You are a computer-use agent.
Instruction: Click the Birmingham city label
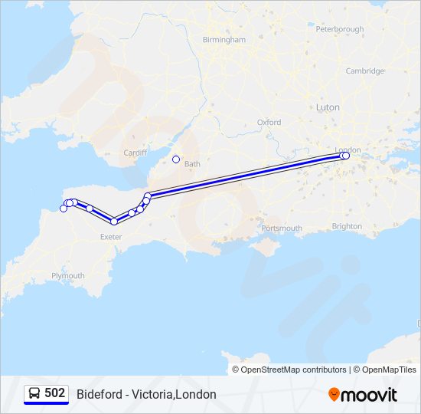tap(224, 39)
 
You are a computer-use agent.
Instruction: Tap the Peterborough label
tap(339, 29)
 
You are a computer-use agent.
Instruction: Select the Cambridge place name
tap(364, 71)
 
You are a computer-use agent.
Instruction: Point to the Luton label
tap(328, 107)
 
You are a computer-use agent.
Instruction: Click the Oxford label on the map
tap(269, 122)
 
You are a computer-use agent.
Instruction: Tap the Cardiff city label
tap(135, 153)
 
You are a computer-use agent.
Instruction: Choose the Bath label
tap(192, 164)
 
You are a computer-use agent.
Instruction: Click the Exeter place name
tap(111, 237)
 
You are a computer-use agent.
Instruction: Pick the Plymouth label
tap(68, 276)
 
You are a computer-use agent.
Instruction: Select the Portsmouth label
tap(281, 228)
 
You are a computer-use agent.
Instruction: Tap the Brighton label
tap(348, 226)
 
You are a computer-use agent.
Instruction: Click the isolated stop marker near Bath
tap(176, 159)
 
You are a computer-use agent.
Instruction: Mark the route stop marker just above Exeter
tap(114, 222)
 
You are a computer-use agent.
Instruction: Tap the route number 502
tap(54, 393)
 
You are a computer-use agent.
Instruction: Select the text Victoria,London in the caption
tap(174, 394)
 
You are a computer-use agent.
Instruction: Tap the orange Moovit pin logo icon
tap(334, 394)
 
